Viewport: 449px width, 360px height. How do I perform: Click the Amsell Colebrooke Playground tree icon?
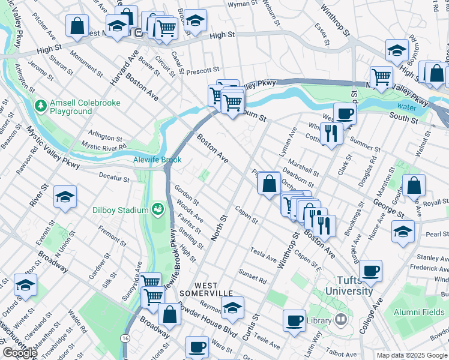41,107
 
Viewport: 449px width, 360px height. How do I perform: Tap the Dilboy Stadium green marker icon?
158,209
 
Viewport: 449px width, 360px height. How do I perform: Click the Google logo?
19,353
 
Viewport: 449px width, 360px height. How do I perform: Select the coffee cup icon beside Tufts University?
370,271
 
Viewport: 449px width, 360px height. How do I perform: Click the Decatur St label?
114,179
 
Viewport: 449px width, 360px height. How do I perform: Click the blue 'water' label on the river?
406,107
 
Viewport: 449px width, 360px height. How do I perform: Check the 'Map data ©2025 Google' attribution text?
412,355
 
